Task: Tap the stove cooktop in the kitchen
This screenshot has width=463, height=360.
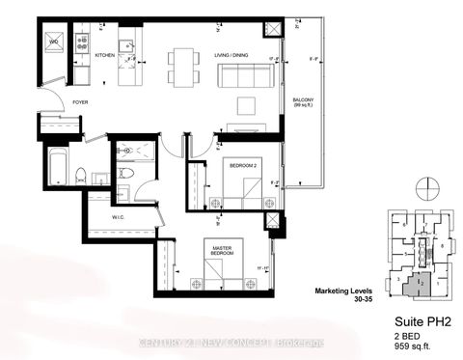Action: (x=81, y=42)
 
